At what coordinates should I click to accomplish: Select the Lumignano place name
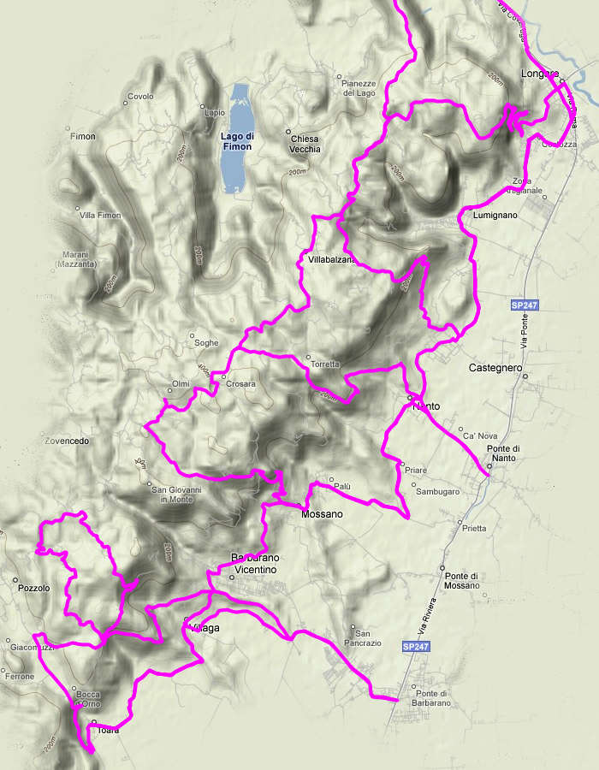(495, 216)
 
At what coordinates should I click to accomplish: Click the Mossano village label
(322, 514)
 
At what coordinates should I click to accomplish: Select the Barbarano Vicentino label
(255, 564)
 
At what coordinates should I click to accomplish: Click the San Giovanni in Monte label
(176, 494)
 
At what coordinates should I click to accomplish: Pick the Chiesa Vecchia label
(305, 144)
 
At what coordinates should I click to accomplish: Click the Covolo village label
(140, 96)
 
